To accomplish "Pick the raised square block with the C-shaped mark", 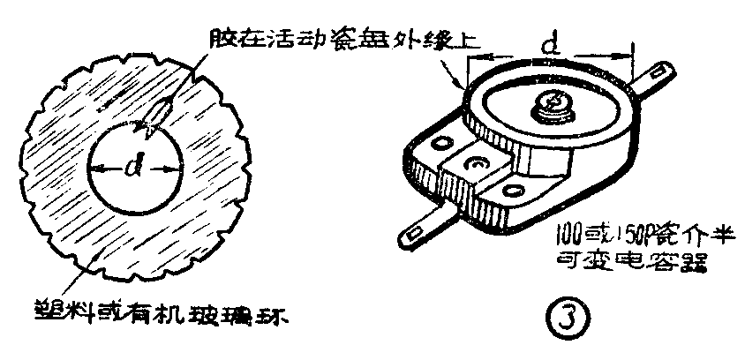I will coord(479,164).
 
